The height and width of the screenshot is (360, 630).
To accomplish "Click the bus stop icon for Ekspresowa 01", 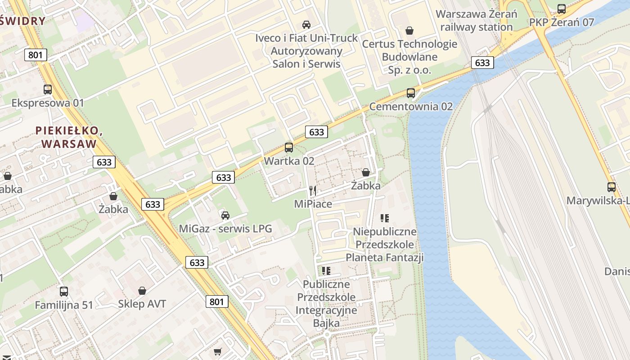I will pos(48,89).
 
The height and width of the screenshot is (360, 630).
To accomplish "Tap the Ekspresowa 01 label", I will pos(48,103).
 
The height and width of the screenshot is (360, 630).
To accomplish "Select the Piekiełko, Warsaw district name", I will pos(68,137).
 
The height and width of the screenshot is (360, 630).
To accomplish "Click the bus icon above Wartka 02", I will pos(289,147).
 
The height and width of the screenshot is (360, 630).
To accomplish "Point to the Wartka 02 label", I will pos(289,161).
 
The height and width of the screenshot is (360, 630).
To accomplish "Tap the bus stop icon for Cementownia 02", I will pos(411,93).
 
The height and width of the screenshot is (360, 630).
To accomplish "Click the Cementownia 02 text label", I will pos(411,107).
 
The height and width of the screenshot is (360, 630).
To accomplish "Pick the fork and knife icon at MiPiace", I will pos(313,191).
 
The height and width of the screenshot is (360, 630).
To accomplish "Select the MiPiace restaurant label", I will pos(313,204).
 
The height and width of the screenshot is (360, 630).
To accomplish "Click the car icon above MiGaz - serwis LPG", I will pos(225,215).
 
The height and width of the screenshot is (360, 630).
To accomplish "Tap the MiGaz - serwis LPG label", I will pos(225,229).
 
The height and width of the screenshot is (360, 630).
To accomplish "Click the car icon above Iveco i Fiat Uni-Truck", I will pos(306,24).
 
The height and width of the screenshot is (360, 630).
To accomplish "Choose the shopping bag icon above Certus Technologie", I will pos(409,31).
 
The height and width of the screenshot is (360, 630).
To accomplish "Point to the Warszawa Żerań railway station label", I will pos(476,20).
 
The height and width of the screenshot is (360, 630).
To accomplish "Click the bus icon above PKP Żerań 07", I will pos(562,9).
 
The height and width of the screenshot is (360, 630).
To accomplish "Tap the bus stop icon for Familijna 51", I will pos(64,291).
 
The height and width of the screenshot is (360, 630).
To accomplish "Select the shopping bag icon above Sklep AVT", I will pos(142,291).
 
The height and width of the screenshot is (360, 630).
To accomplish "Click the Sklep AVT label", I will pos(142,304).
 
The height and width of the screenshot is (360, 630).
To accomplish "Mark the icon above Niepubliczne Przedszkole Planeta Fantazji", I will pos(385,218).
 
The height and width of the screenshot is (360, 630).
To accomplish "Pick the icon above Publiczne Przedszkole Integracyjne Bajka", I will pos(326,270).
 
